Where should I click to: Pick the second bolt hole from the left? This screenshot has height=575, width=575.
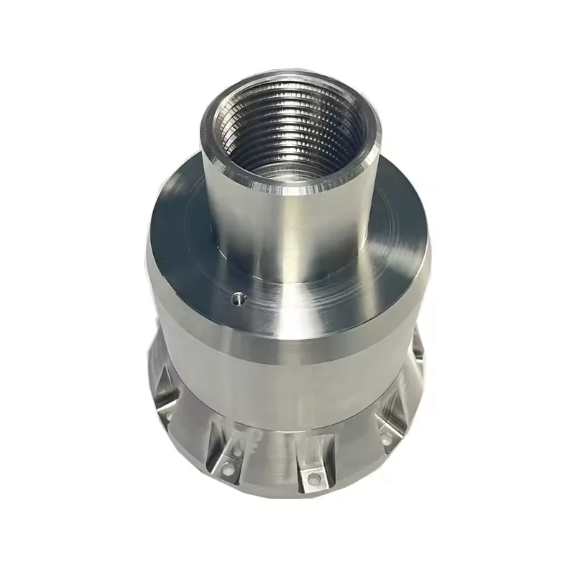click(229, 469)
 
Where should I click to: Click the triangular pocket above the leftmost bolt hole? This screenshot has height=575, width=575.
click(162, 392)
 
